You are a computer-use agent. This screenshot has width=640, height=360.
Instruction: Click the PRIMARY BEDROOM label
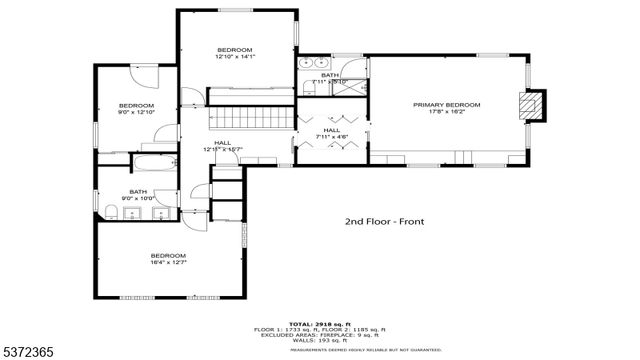pos(447,105)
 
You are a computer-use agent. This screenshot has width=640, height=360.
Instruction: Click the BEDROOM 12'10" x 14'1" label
pos(235,50)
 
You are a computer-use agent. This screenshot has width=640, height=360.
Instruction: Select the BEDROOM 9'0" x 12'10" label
pos(137,106)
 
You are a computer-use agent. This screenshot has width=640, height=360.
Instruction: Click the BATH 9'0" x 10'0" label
pos(138,192)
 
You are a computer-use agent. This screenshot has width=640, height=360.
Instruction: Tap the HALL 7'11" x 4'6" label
pos(331,131)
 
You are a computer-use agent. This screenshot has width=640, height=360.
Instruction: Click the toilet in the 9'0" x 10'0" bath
pos(108,209)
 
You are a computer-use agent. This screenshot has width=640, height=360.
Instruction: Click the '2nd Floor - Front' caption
pos(384,222)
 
